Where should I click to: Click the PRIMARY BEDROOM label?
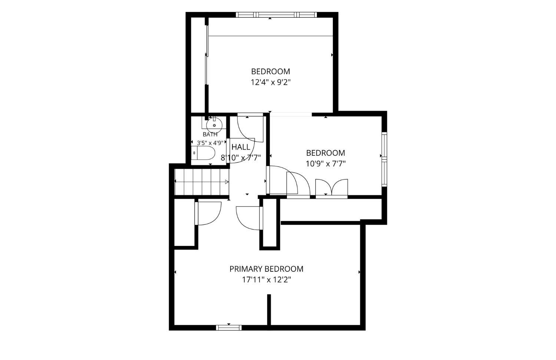267,269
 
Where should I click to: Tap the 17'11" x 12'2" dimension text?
267,280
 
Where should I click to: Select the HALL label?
241,147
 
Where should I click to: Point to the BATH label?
210,134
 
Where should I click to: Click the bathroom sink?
214,125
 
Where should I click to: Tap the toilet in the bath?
203,153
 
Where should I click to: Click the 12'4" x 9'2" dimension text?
271,82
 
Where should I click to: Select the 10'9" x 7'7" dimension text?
326,164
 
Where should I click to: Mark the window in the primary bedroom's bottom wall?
229,328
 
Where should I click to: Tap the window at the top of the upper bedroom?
276,15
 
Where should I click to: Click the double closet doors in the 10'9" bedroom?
332,188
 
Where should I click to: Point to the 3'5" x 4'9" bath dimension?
210,143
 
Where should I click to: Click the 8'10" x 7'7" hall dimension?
241,158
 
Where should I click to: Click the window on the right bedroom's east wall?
384,159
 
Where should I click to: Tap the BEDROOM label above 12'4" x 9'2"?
271,72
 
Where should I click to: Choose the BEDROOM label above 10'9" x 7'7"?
326,153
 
